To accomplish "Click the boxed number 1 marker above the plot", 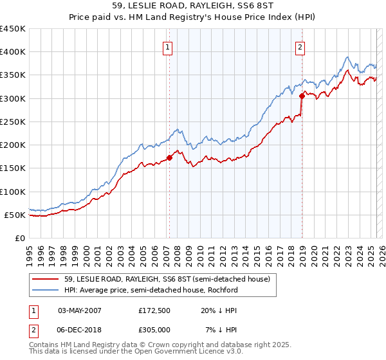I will [167, 46].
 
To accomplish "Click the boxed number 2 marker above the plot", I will [300, 46].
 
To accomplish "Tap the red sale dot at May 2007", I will [169, 157].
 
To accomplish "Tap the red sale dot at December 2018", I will [302, 96].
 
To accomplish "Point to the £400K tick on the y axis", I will [13, 52].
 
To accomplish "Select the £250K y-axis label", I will [13, 122].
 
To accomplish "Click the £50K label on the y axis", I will [15, 215].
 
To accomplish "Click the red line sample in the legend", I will [46, 279].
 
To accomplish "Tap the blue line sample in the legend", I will [46, 290].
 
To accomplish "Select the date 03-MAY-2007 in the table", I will [80, 310].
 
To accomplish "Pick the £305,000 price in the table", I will [155, 330].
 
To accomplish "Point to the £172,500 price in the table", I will [155, 310].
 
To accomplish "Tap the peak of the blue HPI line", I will [347, 57].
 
